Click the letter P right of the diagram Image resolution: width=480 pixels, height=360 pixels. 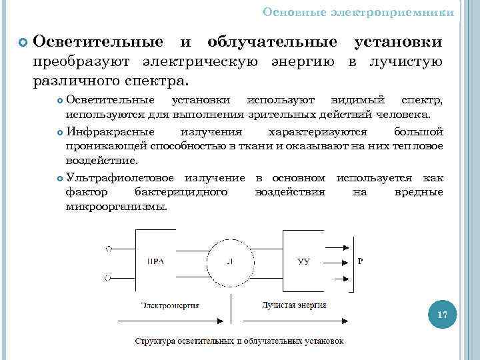[361, 261]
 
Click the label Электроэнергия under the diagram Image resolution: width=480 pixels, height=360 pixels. [170, 305]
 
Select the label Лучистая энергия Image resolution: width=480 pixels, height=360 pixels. [293, 305]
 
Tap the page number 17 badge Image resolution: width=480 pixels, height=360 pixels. [441, 315]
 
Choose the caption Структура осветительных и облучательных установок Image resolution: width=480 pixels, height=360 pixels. [240, 341]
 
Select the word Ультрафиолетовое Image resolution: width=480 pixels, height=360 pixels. [121, 178]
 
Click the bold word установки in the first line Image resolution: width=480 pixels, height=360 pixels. [397, 42]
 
